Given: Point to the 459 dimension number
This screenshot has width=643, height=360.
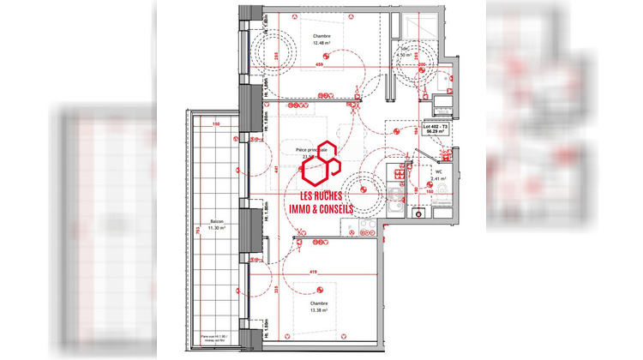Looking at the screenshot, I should [x=319, y=65].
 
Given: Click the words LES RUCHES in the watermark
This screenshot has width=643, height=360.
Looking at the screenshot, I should [x=324, y=194].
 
